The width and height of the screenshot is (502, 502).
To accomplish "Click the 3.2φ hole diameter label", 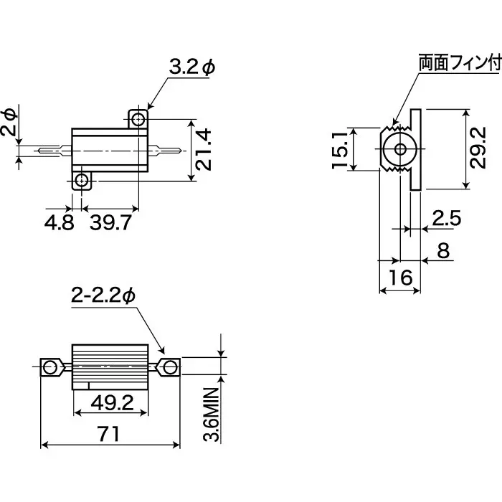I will point(191,67).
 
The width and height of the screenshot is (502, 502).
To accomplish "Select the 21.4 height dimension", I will point(205,149).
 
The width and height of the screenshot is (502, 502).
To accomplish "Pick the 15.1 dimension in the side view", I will point(341,149).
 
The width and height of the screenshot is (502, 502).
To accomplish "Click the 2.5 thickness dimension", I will point(447,219).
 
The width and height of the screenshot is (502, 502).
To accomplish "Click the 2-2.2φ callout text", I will point(103,295).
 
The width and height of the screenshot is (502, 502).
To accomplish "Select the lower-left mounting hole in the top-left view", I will point(82,180).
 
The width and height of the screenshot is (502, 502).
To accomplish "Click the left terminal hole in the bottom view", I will point(49,368).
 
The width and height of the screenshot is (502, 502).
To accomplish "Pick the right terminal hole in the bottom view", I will point(170,367).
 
